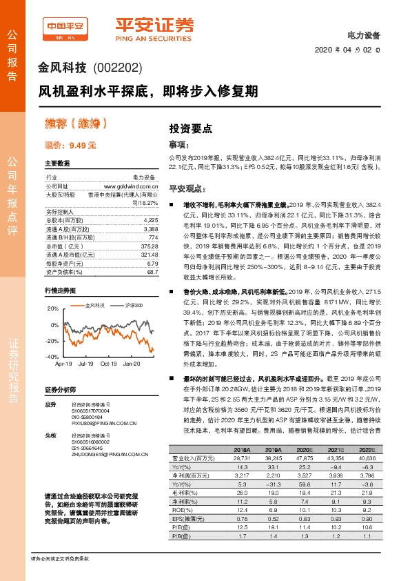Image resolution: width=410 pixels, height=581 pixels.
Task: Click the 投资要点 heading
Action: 191,128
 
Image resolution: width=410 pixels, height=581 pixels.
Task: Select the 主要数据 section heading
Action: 57,164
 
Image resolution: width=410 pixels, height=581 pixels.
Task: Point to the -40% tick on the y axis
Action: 52,357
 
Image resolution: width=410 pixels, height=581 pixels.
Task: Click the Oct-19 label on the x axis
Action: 109,363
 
